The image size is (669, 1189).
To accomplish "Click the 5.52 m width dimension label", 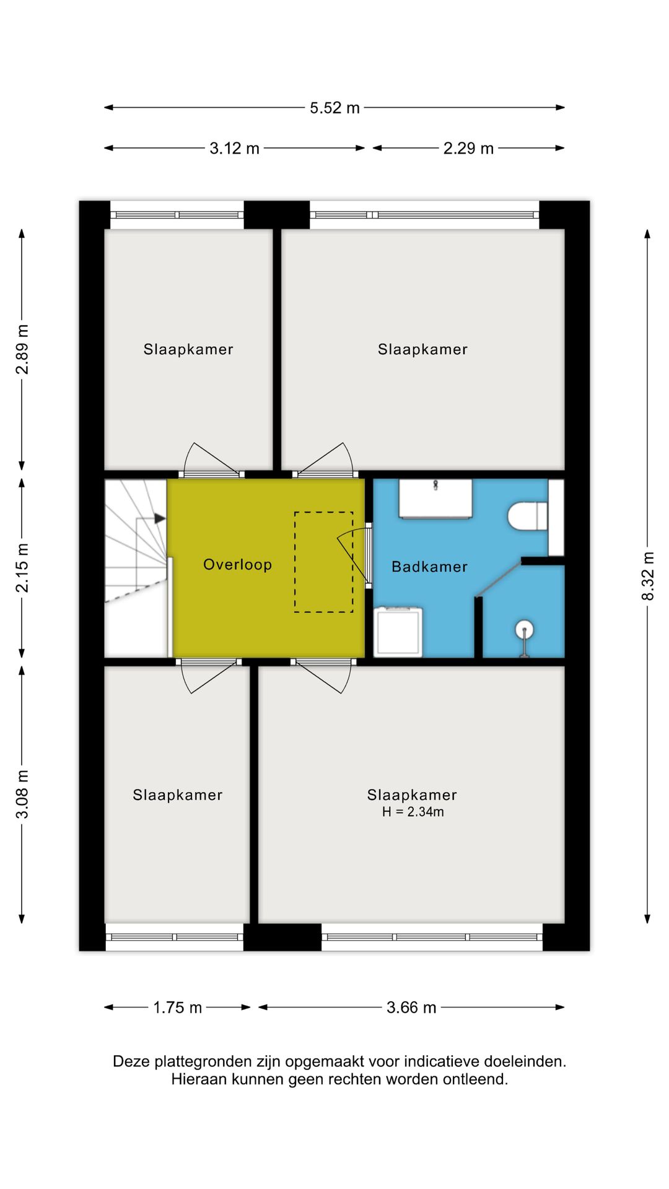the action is (x=334, y=108).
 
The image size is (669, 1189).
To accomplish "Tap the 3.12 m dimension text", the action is (x=234, y=149).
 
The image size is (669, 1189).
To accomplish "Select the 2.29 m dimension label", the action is (x=468, y=149).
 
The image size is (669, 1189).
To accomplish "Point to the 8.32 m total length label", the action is (x=647, y=576).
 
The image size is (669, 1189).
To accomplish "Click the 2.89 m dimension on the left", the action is (x=22, y=349).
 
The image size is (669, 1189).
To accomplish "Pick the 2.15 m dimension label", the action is (x=22, y=568).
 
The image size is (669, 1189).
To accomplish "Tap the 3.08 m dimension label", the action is (x=22, y=794).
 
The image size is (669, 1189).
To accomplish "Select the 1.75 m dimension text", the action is (x=178, y=1008).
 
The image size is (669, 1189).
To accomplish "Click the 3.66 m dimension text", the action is (x=411, y=1008).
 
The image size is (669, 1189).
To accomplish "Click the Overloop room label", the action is (x=238, y=565).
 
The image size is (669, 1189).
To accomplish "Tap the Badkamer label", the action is (x=430, y=567).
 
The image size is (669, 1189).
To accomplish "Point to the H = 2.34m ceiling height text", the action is (x=413, y=812).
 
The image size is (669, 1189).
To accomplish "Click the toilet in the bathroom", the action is (x=528, y=516).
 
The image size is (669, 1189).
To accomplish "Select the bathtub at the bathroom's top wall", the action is (x=435, y=499).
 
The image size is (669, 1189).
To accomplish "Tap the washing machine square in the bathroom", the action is (x=399, y=631).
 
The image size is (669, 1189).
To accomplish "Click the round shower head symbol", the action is (x=525, y=630).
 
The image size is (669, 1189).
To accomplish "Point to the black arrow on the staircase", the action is (x=160, y=518).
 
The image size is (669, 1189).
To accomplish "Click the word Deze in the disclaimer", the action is (x=131, y=1061).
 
